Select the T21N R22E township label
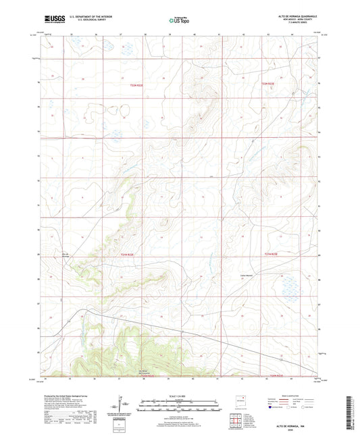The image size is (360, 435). pyautogui.click(x=128, y=254)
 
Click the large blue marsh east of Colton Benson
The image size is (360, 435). pyautogui.click(x=290, y=286)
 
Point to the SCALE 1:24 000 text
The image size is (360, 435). pyautogui.click(x=178, y=396)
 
